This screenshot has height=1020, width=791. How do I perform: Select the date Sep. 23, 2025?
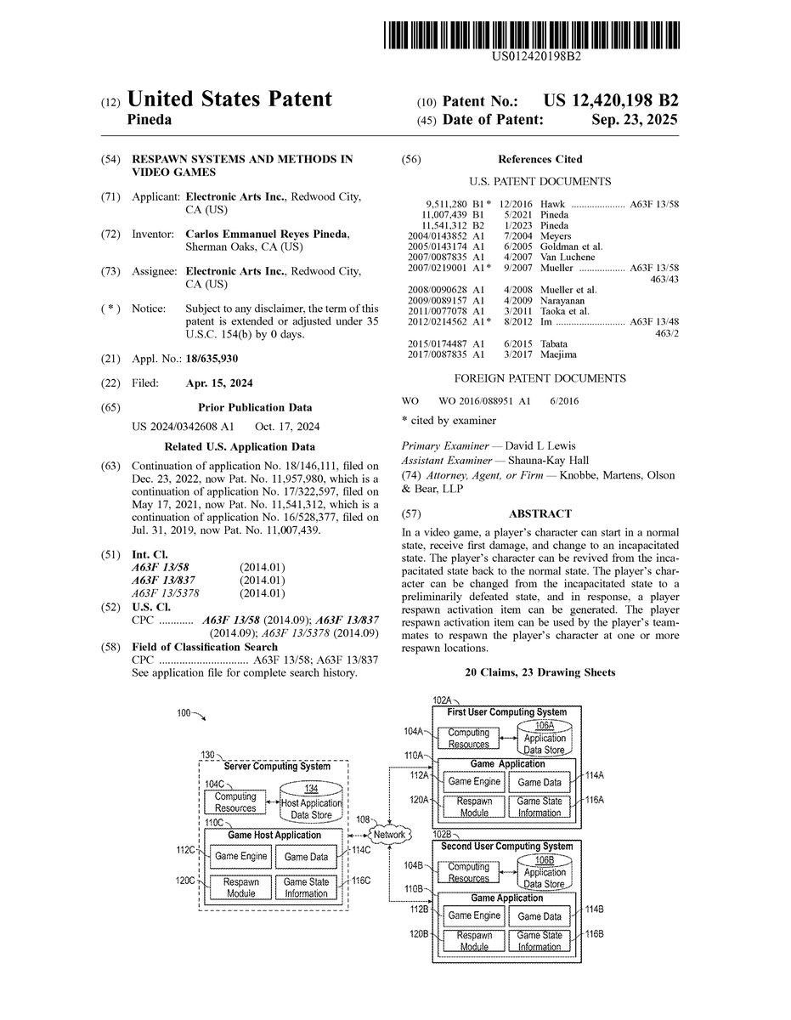pyautogui.click(x=635, y=120)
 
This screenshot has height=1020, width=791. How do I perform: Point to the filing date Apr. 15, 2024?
pyautogui.click(x=218, y=383)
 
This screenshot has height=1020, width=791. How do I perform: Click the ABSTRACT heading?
pyautogui.click(x=540, y=513)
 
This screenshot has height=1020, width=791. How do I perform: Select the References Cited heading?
pyautogui.click(x=540, y=159)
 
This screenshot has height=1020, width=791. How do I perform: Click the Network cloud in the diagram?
pyautogui.click(x=389, y=835)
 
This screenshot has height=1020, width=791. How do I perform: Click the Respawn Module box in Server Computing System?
pyautogui.click(x=241, y=887)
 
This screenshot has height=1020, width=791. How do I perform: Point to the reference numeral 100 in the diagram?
pyautogui.click(x=184, y=713)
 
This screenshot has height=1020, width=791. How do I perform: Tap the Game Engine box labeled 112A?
pyautogui.click(x=474, y=782)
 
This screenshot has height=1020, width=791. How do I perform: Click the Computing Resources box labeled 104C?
pyautogui.click(x=235, y=802)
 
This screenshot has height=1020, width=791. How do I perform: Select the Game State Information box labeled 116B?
pyautogui.click(x=540, y=941)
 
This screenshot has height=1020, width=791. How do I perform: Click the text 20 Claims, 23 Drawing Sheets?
pyautogui.click(x=540, y=672)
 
